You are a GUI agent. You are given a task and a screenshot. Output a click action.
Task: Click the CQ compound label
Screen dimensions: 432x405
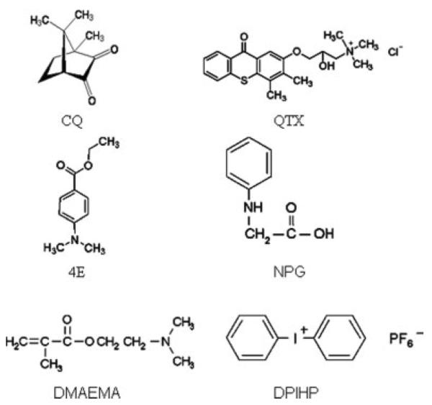click(72, 121)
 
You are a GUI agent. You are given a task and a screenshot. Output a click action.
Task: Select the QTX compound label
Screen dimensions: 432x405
click(290, 121)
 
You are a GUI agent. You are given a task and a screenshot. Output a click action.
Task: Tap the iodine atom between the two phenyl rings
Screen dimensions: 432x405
click(294, 335)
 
